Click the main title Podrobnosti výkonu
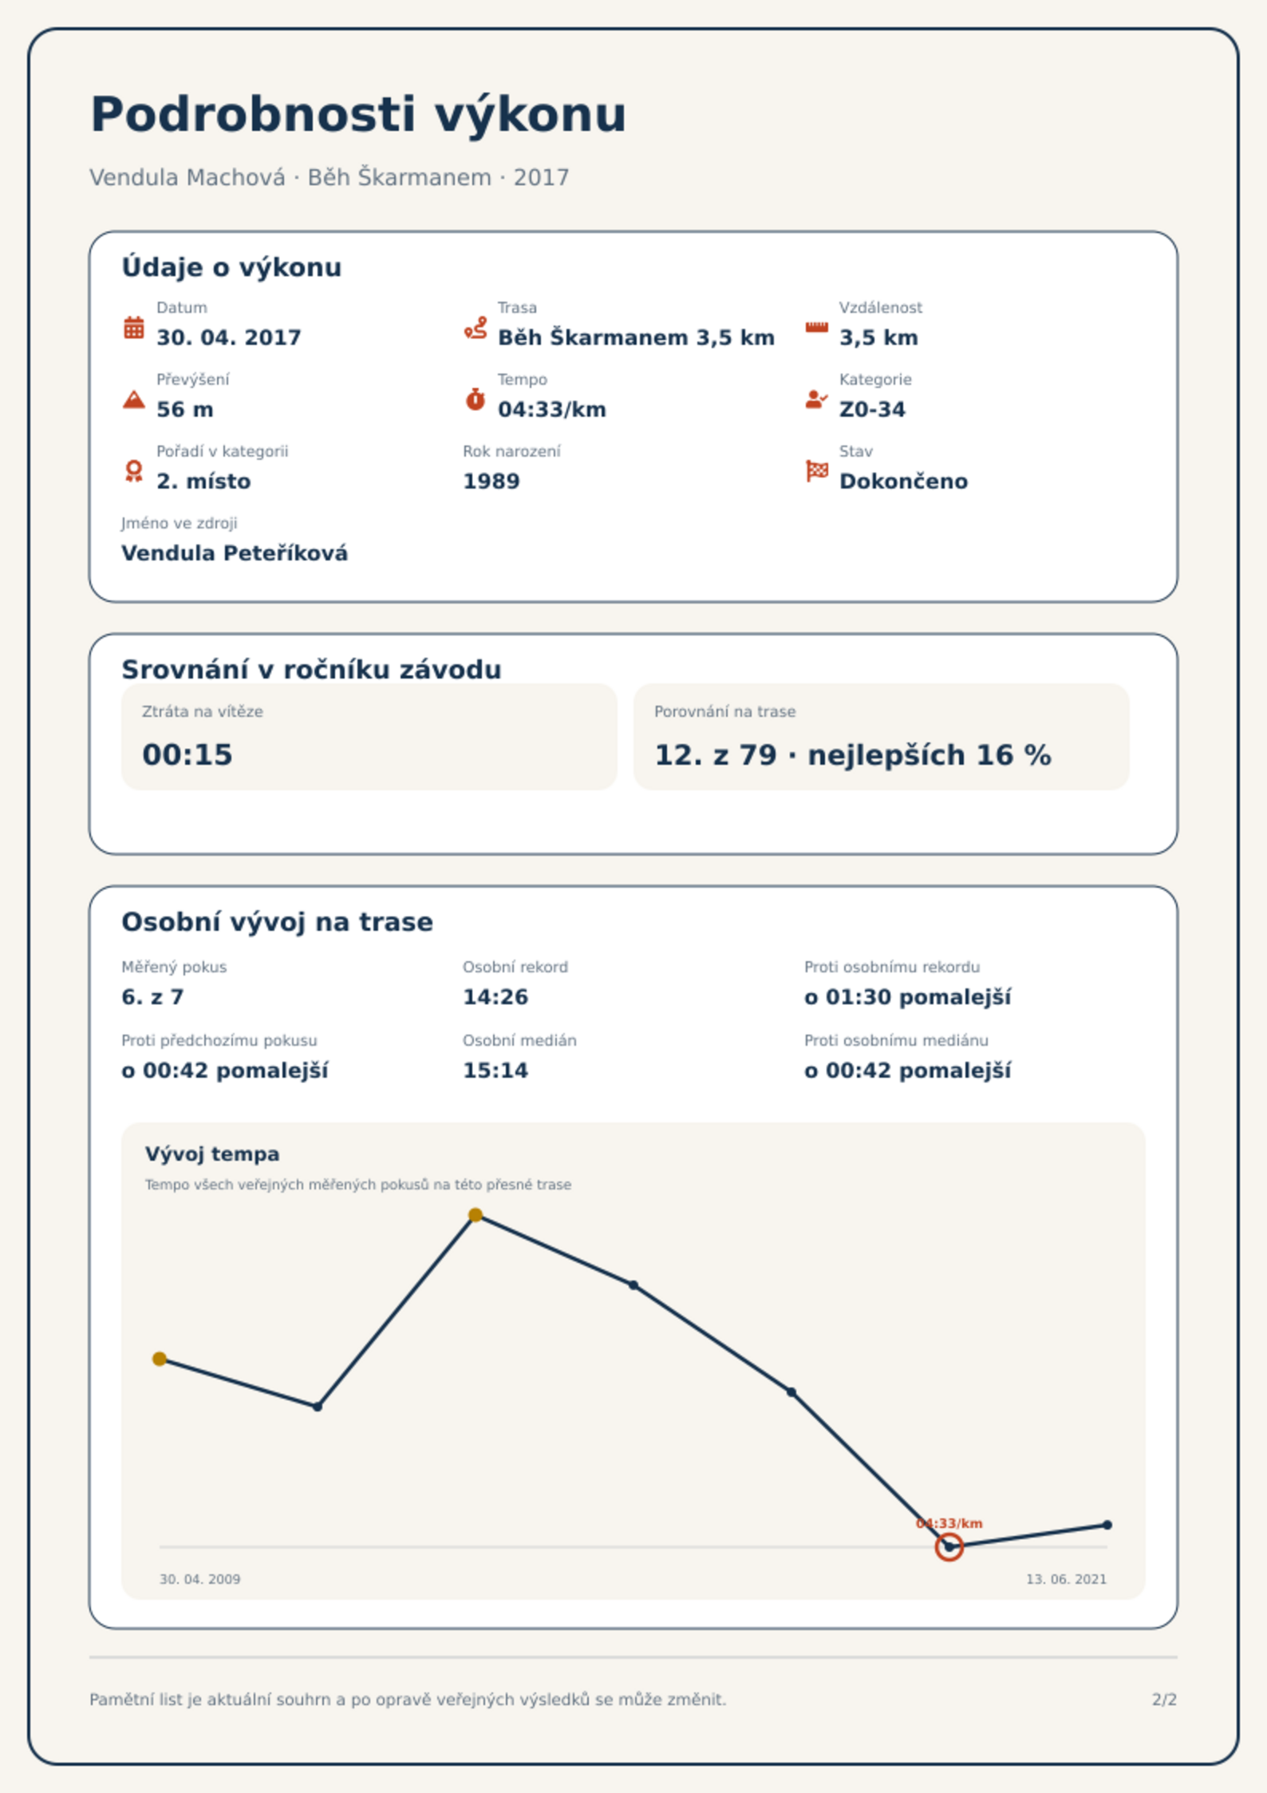pos(358,115)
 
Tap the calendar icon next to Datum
pos(134,327)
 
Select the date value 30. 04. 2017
pos(229,338)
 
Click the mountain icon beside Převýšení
pos(134,399)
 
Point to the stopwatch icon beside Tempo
pos(476,399)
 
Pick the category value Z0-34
pos(872,410)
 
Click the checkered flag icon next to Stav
pos(817,471)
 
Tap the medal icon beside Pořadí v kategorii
pos(134,471)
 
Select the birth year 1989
pos(491,481)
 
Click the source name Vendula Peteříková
pos(235,553)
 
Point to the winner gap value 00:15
pos(187,755)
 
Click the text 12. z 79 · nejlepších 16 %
pos(853,755)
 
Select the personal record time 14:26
pos(495,997)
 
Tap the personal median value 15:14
pos(495,1071)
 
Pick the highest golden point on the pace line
pos(476,1215)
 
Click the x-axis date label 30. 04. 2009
pos(199,1579)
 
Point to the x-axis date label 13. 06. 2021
pos(1066,1579)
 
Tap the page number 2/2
pos(1164,1700)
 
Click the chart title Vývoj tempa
pos(212,1154)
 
